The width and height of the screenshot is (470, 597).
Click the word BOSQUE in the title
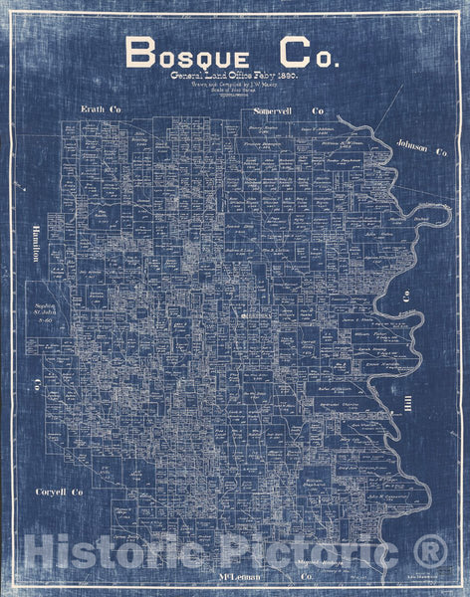(185, 54)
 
